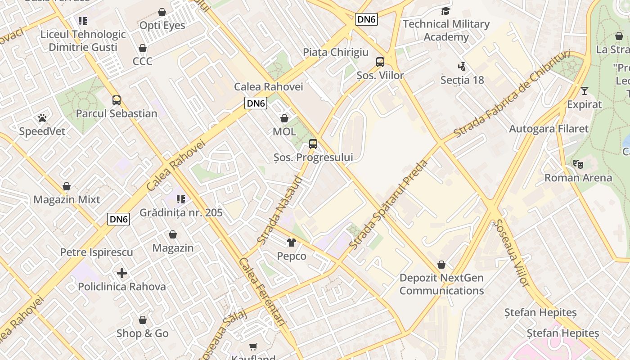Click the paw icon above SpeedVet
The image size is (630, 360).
[42, 118]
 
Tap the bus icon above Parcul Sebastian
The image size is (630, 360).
[116, 100]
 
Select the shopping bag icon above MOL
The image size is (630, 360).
[284, 119]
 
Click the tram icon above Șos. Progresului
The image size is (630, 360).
[313, 144]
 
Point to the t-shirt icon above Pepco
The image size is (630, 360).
[292, 243]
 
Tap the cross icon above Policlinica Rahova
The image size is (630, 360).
[121, 273]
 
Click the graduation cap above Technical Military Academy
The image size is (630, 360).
[445, 11]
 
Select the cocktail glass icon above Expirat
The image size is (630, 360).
[584, 91]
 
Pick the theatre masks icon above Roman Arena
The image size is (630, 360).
[578, 164]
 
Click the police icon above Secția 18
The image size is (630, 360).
[462, 67]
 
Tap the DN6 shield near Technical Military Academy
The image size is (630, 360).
[366, 19]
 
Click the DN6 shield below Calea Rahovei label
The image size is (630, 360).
[256, 103]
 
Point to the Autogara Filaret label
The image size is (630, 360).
[549, 129]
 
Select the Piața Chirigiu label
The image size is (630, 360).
[336, 52]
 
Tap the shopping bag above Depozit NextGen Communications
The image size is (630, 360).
[441, 265]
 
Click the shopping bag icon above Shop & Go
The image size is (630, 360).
[143, 320]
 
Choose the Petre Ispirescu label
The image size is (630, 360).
[97, 252]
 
